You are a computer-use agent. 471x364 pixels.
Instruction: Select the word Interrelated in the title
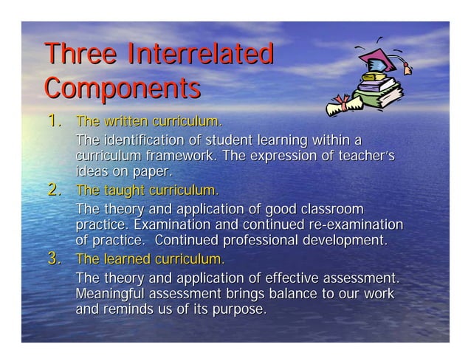pos(200,55)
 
